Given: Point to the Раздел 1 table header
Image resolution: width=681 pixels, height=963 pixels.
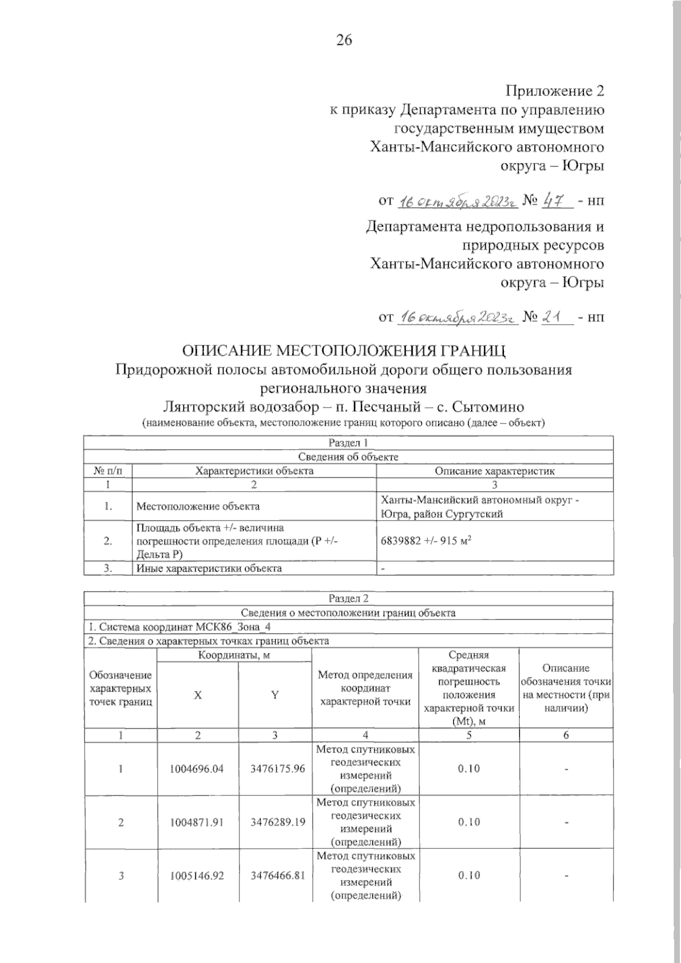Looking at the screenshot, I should pyautogui.click(x=348, y=443).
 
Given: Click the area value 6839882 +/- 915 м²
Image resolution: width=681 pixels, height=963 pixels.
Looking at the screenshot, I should pyautogui.click(x=427, y=541).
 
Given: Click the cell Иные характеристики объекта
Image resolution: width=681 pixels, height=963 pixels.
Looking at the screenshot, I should pyautogui.click(x=209, y=568).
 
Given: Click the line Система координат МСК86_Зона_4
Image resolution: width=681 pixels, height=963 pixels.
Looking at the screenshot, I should pyautogui.click(x=183, y=627).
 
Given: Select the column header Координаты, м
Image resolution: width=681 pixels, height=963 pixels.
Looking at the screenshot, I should pyautogui.click(x=234, y=656).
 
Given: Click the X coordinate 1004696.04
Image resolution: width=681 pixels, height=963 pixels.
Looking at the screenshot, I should pyautogui.click(x=197, y=769).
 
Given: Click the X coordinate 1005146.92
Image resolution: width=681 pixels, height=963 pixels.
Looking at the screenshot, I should pyautogui.click(x=197, y=875).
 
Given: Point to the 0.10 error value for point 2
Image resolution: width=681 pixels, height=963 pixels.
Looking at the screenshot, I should pyautogui.click(x=468, y=822).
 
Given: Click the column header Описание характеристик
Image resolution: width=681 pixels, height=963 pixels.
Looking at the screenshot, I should pyautogui.click(x=494, y=471).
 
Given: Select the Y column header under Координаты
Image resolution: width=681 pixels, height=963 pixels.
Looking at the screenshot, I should pyautogui.click(x=275, y=695).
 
